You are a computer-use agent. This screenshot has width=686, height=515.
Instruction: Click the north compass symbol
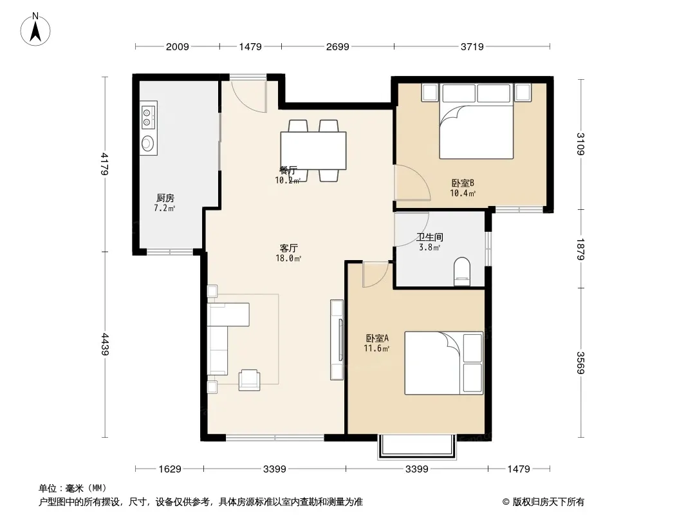pos(35,30)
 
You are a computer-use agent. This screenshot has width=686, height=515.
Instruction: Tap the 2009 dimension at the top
pos(177,46)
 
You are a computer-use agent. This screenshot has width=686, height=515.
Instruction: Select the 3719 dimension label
pos(472,46)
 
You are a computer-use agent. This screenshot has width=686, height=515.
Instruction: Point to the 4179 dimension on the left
pos(105,164)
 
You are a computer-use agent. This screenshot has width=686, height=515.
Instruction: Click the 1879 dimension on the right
pos(580,249)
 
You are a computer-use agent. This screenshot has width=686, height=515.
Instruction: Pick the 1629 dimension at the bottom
pos(170,469)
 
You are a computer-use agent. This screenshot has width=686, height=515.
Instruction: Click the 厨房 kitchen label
pos(165,198)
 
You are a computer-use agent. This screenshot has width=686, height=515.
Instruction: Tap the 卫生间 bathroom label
pos(430,237)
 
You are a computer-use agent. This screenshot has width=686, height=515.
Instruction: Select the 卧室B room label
pos(463,183)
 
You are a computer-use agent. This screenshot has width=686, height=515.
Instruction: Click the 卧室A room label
pos(377,338)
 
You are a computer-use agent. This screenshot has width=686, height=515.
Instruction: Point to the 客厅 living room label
pos(289,248)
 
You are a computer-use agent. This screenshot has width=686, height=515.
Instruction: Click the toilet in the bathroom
pos(462,271)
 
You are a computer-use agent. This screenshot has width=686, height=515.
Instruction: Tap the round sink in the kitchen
pos(148,143)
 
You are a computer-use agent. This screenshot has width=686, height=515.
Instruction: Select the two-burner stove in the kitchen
pos(147,117)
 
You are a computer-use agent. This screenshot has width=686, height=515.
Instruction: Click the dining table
pos(313,151)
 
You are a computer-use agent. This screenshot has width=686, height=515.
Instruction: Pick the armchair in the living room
pos(250,380)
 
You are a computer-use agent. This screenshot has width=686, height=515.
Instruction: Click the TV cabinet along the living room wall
pos(337,339)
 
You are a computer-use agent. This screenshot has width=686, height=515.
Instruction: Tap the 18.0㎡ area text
pos(288,258)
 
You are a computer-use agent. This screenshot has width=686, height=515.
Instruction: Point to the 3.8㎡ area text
pos(429,247)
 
